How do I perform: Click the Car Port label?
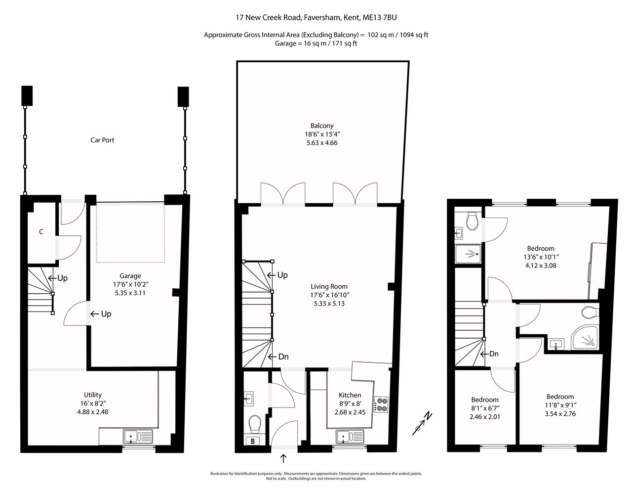coord(102,140)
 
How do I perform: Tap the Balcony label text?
coord(321,126)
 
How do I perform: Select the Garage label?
coord(130,276)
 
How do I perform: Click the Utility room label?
coord(93,395)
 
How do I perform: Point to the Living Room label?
coord(329,286)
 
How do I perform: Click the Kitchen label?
coord(350,395)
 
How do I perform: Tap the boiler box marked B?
coord(253,441)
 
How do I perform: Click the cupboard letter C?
coord(41,232)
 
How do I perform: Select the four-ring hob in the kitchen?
coord(381,404)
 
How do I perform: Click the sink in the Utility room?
coord(138,437)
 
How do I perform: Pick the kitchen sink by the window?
coord(350,437)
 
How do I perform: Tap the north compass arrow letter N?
coord(428,416)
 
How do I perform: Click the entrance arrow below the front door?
coord(283,459)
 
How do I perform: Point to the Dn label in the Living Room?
coord(283,356)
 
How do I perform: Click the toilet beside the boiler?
coord(255,424)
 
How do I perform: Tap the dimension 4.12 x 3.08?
coord(541,266)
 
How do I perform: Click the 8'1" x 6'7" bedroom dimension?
coord(485,408)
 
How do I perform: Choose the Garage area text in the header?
coord(316,44)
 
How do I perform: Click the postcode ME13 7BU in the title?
coord(380,17)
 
